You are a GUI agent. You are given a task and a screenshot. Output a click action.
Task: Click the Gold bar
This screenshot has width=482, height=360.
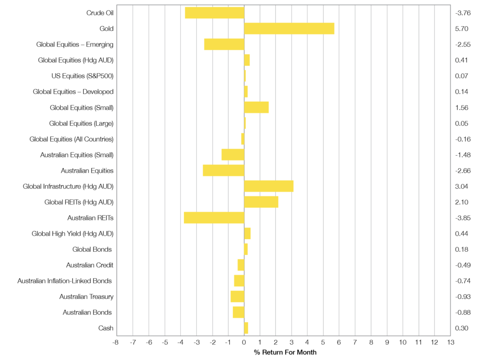289,29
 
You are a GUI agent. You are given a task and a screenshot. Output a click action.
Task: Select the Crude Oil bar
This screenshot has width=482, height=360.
215,13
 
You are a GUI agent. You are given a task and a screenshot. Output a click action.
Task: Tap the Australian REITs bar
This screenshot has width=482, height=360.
214,218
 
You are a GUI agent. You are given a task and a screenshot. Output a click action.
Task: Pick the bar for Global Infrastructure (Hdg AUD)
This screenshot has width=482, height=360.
268,186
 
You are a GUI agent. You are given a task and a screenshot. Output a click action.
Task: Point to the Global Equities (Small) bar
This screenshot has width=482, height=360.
257,107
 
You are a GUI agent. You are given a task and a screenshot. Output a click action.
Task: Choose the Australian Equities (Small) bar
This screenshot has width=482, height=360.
233,155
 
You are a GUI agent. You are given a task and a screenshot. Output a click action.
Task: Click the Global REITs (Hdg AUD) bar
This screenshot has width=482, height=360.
261,202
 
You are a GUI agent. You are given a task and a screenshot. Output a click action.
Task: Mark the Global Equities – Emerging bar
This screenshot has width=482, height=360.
224,44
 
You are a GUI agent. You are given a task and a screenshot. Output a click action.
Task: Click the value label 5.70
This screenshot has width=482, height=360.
462,29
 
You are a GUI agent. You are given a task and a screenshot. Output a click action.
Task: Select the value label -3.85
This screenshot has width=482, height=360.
463,218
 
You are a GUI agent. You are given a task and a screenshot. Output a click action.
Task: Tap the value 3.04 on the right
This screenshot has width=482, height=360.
462,186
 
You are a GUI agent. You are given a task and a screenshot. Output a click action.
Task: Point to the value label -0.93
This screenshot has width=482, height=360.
463,296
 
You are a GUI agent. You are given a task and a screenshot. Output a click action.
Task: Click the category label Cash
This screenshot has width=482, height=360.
106,328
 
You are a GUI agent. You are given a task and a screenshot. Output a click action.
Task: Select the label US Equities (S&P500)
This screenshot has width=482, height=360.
82,76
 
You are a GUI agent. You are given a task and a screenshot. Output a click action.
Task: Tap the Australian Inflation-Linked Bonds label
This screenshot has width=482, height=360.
64,281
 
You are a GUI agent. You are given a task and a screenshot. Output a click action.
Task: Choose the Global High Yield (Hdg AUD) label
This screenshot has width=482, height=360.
72,233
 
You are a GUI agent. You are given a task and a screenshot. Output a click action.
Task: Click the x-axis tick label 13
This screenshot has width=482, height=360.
450,342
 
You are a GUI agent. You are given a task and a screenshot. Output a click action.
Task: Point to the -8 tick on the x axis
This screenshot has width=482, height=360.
116,342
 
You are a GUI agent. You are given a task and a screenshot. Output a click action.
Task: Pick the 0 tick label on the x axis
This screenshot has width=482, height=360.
244,342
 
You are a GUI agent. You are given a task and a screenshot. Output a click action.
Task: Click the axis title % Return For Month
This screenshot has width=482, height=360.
285,352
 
